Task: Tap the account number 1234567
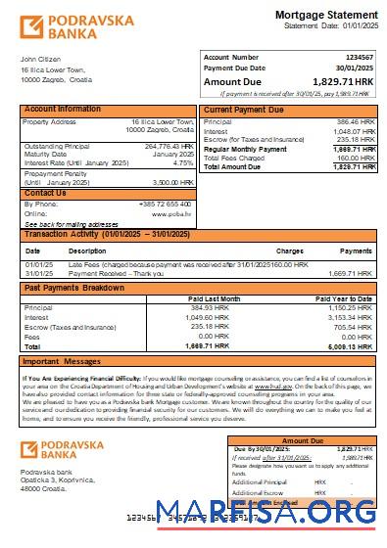pos(360,58)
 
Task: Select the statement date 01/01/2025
pos(354,26)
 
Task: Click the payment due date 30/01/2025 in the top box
pos(356,68)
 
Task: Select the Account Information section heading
pos(63,110)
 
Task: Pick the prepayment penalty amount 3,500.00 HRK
pos(174,182)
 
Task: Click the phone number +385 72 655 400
pos(166,204)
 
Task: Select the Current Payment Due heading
pos(246,110)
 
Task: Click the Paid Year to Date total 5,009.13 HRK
pos(351,345)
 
